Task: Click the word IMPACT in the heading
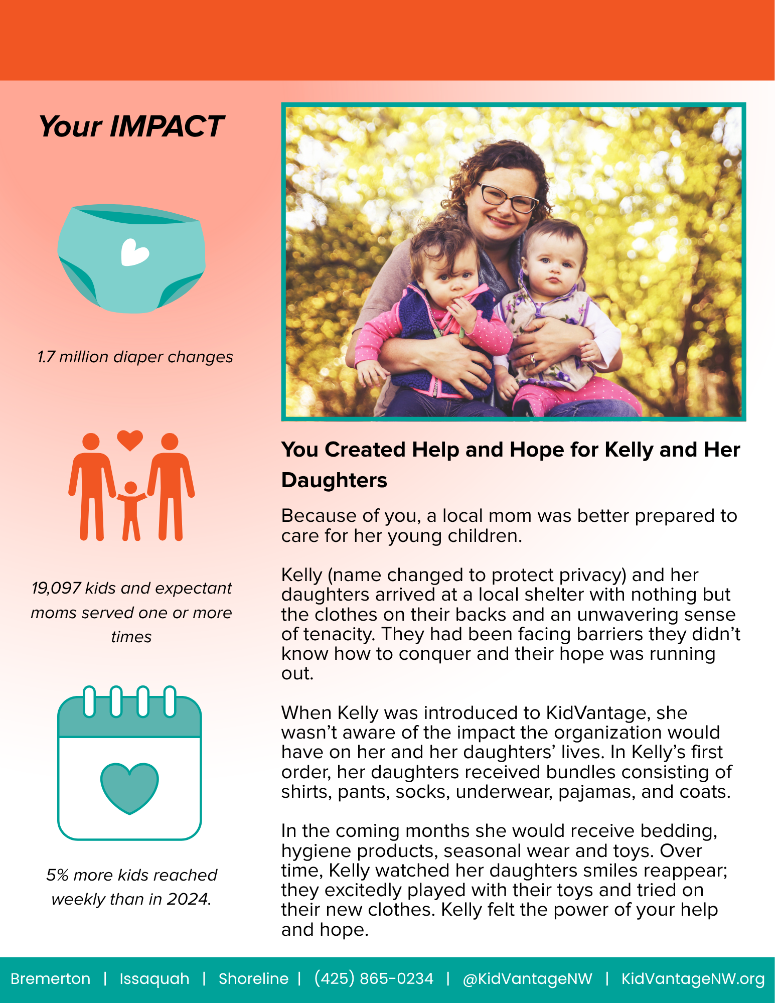(x=166, y=126)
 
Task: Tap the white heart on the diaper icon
(x=134, y=252)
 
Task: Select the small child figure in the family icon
(x=131, y=510)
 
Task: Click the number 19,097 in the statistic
(x=56, y=588)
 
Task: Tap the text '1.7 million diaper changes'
(x=135, y=357)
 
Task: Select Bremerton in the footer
(x=51, y=978)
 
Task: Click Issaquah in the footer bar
(x=154, y=978)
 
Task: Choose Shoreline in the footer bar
(x=253, y=978)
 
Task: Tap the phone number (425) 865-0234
(x=374, y=978)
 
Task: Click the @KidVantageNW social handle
(x=527, y=978)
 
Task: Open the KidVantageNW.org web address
(x=693, y=978)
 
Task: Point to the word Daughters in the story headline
(x=334, y=480)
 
